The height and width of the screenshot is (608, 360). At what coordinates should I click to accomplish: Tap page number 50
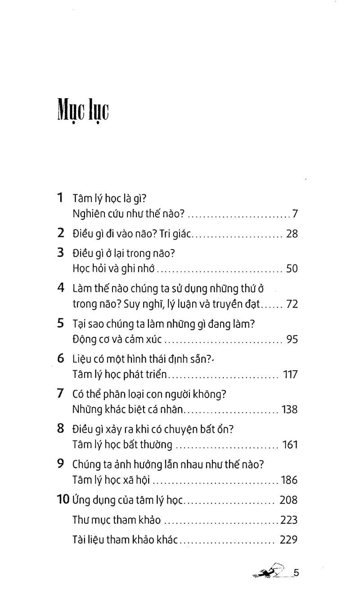click(292, 269)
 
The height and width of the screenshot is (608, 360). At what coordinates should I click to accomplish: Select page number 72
click(292, 304)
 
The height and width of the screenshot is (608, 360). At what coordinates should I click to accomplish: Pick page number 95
click(292, 339)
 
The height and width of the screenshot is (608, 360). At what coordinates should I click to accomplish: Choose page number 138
click(289, 409)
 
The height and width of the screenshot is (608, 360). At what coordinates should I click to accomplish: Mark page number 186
click(289, 480)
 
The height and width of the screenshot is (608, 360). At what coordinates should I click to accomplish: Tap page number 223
click(289, 520)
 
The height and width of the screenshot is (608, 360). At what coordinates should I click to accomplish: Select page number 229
click(289, 540)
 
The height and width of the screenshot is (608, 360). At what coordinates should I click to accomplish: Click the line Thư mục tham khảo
click(117, 520)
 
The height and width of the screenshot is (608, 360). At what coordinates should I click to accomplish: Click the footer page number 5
click(296, 573)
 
